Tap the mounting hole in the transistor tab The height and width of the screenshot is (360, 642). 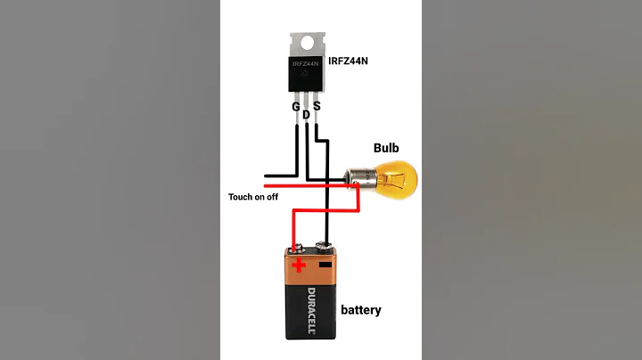click(x=307, y=42)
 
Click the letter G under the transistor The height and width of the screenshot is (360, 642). click(x=296, y=107)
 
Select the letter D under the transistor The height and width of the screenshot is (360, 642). click(x=307, y=114)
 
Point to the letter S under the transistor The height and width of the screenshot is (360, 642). click(x=317, y=107)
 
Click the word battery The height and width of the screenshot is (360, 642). click(x=360, y=310)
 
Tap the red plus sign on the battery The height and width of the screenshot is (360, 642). click(x=298, y=265)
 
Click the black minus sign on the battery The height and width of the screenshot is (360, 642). click(x=325, y=265)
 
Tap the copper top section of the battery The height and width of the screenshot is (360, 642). click(x=310, y=272)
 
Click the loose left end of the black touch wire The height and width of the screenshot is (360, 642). click(x=265, y=176)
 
